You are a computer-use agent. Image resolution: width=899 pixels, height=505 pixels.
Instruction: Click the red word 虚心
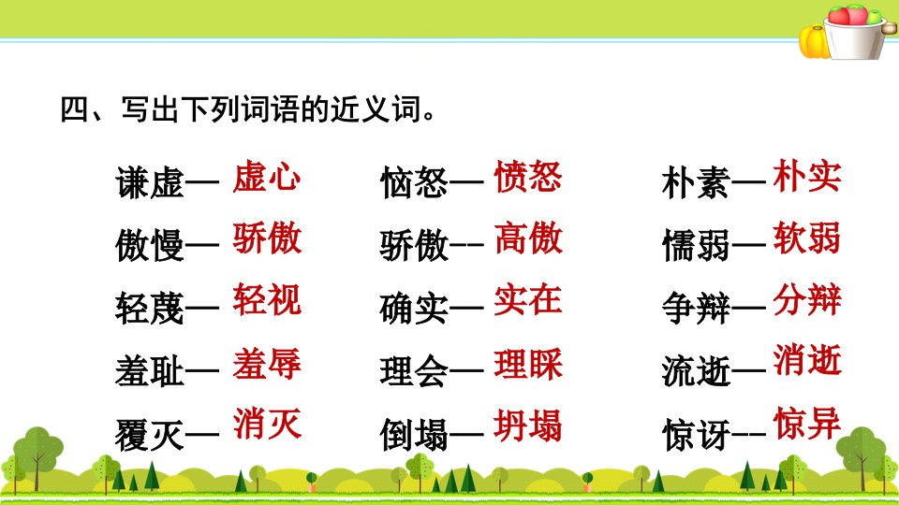(x=267, y=176)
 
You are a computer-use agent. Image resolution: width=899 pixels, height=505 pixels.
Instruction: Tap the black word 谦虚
(x=150, y=183)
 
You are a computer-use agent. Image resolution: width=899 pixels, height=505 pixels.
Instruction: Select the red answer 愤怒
(x=528, y=176)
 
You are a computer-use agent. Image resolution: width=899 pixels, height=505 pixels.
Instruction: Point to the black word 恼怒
(x=414, y=183)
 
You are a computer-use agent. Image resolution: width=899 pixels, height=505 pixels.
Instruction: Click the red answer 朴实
(x=806, y=176)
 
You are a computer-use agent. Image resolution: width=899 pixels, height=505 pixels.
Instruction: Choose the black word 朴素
(x=696, y=183)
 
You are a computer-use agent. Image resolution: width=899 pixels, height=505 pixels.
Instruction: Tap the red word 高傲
(x=528, y=238)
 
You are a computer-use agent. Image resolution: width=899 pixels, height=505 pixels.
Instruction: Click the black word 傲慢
(x=150, y=246)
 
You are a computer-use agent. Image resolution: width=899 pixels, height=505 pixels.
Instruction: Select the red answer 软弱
(x=806, y=238)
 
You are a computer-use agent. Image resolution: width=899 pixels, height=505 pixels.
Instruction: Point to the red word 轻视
(x=267, y=299)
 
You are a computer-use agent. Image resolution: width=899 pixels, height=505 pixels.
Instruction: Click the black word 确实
(x=414, y=309)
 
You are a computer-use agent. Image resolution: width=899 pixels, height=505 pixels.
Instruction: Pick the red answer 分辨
(x=806, y=299)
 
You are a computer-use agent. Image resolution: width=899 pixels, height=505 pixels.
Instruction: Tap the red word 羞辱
(x=267, y=363)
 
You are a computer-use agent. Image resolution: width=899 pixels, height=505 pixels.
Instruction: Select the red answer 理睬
(x=528, y=363)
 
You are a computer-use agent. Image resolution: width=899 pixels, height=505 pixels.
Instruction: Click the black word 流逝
(x=696, y=371)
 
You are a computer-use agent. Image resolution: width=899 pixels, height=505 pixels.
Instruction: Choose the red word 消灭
(x=267, y=424)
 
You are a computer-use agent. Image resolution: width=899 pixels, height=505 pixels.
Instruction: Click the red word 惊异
(x=806, y=423)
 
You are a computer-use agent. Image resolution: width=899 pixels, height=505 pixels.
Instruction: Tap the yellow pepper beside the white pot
(x=814, y=42)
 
